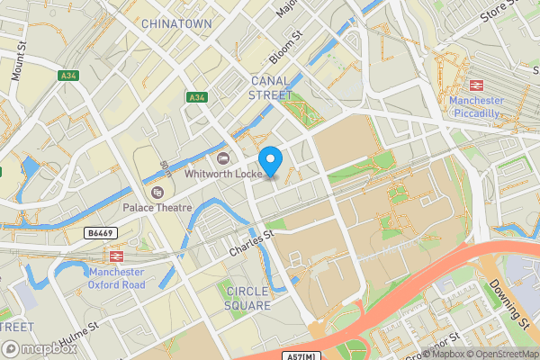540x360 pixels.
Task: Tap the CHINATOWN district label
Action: click(x=176, y=22)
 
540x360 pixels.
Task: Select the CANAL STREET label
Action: click(x=270, y=87)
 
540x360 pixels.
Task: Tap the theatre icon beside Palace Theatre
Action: click(x=157, y=193)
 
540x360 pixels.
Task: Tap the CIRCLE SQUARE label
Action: click(x=247, y=298)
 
